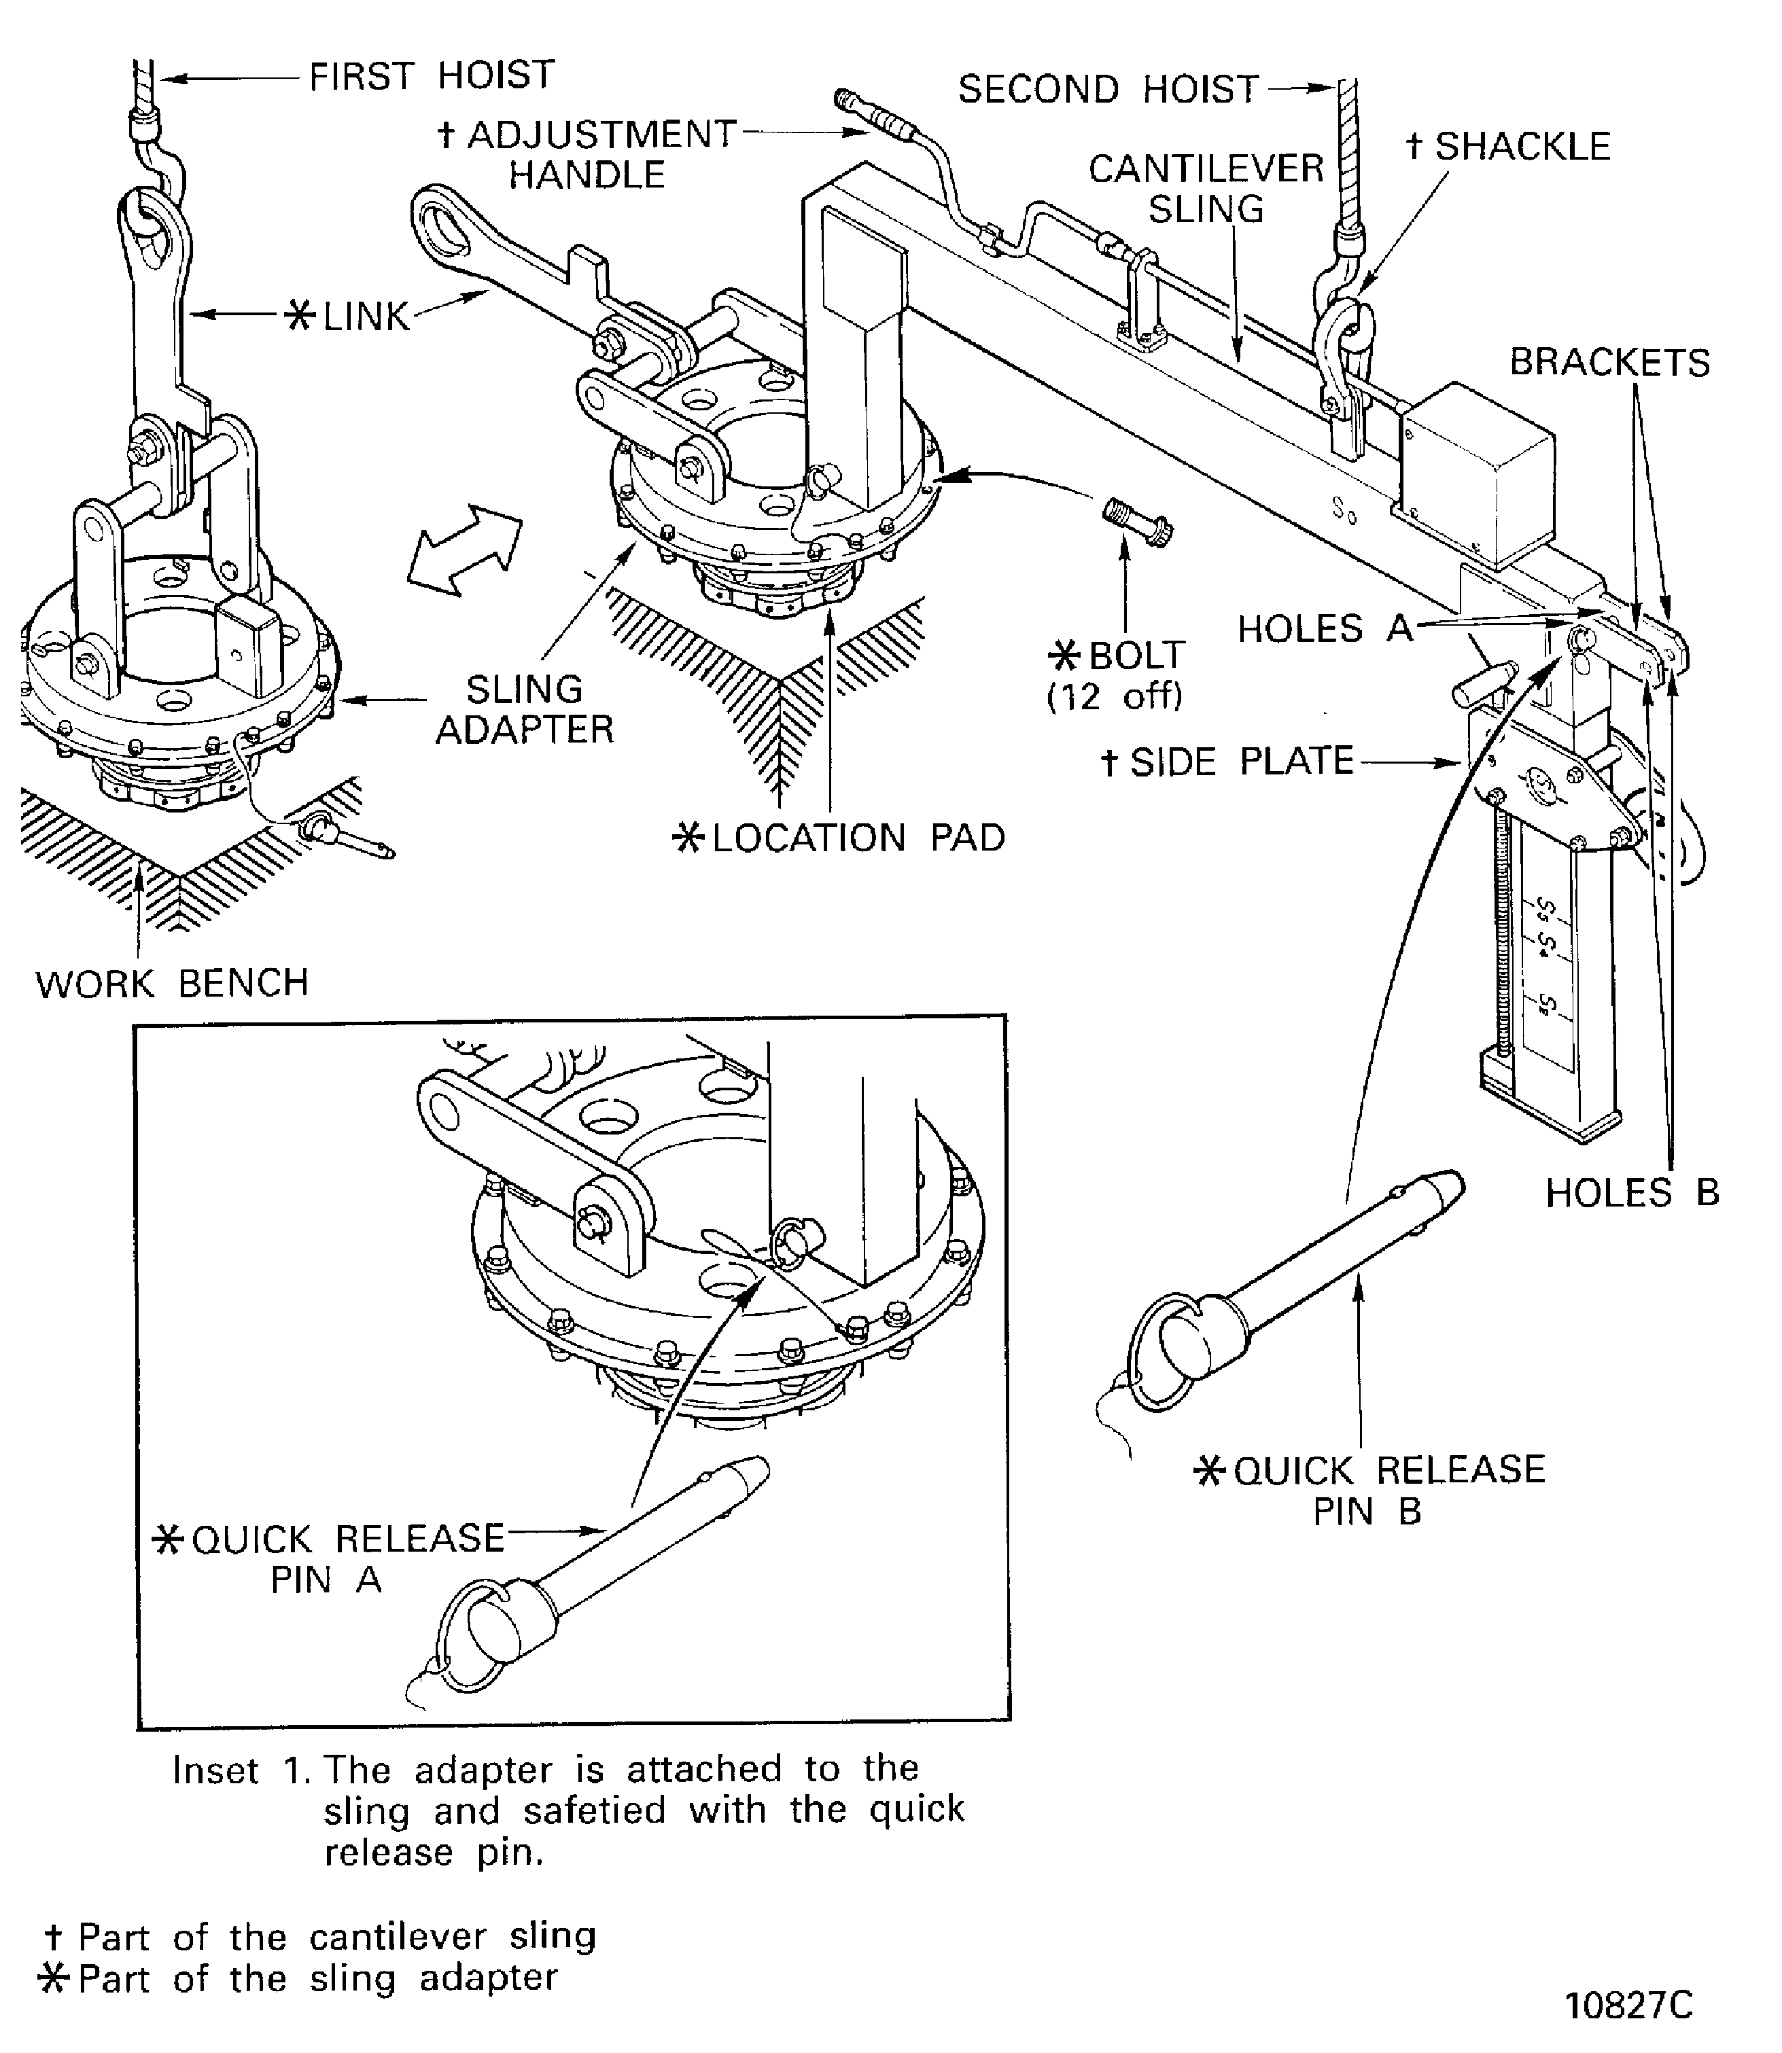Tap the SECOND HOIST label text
point(1108,90)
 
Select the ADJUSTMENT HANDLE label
point(587,154)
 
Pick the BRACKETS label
point(1609,362)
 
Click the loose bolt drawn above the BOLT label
point(1136,522)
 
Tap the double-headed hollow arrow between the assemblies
point(464,550)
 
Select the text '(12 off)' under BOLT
point(1115,696)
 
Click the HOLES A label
point(1325,628)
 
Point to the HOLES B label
point(1632,1192)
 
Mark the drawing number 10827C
point(1628,2005)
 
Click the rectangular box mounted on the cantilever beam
point(1477,464)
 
